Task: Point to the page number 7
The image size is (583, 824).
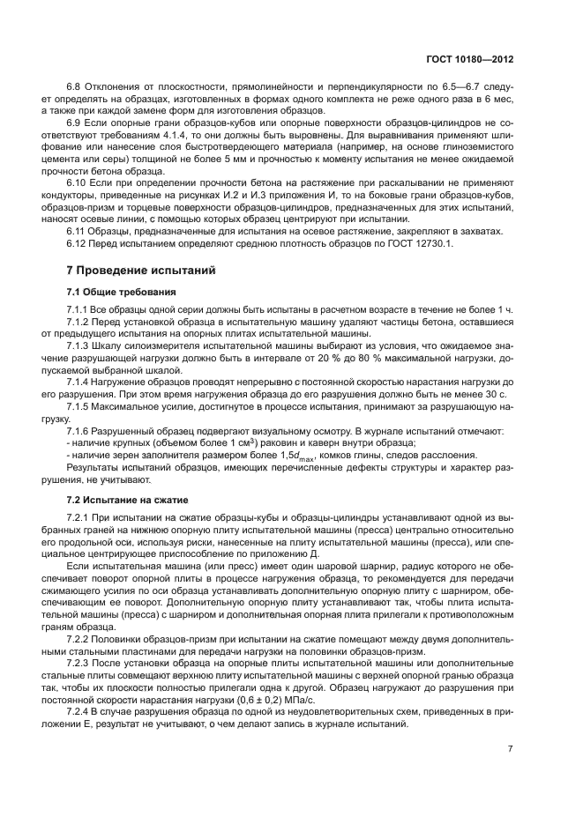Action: [x=511, y=748]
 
